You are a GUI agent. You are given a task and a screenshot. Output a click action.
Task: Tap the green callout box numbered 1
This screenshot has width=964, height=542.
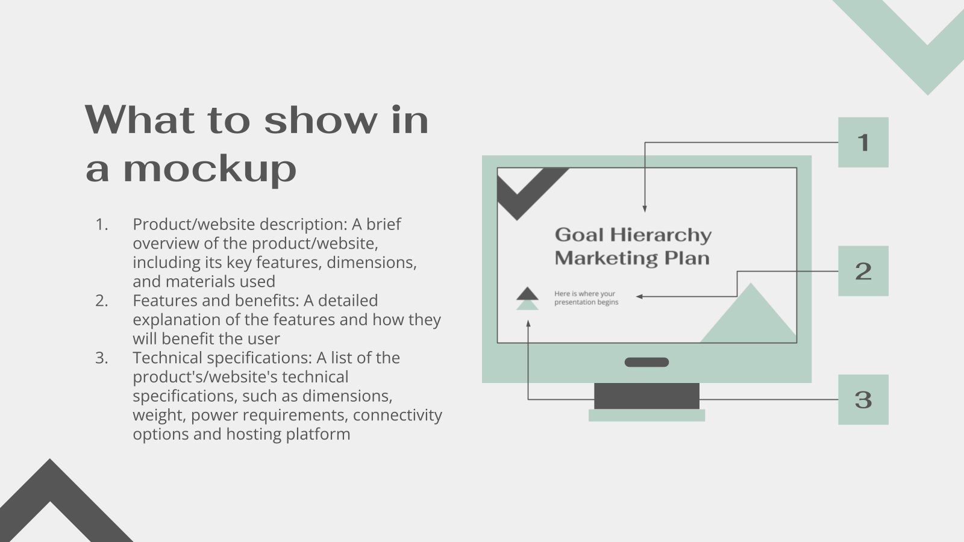pos(863,142)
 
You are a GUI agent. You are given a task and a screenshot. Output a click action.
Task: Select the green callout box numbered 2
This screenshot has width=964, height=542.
pos(863,271)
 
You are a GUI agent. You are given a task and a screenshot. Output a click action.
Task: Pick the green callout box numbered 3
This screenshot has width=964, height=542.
pos(863,400)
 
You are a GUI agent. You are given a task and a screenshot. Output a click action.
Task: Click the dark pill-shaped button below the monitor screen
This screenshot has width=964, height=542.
pos(647,362)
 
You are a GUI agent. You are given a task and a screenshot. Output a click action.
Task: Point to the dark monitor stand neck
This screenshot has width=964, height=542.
pos(647,396)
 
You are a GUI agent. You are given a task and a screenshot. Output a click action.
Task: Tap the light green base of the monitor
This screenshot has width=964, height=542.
pos(647,416)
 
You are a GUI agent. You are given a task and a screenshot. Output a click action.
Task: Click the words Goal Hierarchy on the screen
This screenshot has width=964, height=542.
pos(633,235)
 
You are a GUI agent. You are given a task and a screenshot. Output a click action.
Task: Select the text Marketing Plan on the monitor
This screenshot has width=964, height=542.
pos(632,258)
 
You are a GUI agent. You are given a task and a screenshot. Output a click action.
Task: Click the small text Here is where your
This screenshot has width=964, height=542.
pos(585,294)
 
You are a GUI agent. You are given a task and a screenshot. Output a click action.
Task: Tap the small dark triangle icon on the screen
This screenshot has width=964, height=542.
pos(527,293)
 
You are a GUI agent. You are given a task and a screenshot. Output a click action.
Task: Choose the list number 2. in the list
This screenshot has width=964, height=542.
pos(102,301)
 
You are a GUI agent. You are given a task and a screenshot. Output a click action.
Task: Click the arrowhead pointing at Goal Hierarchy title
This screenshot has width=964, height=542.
pos(645,209)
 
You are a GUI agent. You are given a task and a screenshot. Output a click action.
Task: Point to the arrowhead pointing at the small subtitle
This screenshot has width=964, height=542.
pos(640,296)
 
